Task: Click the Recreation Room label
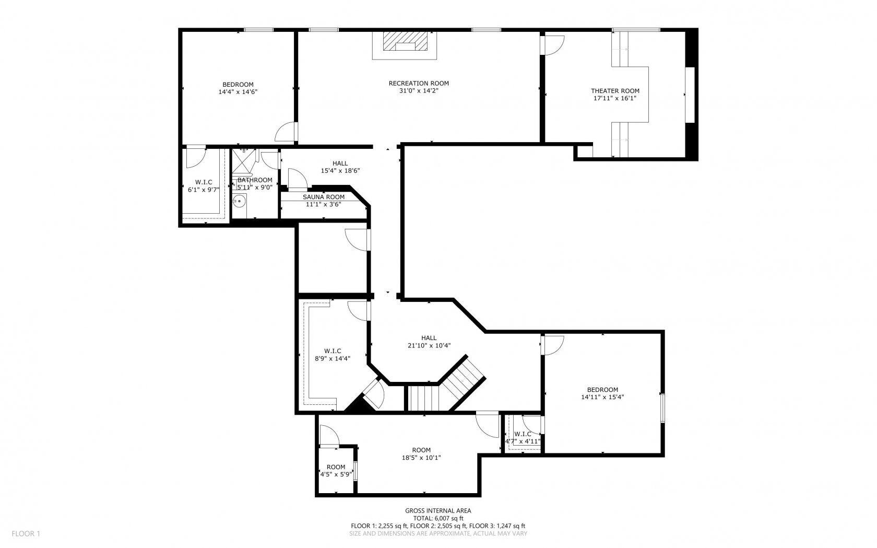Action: [x=418, y=84]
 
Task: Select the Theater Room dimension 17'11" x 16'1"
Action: [x=614, y=98]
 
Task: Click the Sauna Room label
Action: [x=324, y=197]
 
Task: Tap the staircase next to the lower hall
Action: [x=446, y=389]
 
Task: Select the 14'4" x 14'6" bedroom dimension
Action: [x=238, y=91]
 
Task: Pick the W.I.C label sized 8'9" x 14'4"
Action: [x=333, y=351]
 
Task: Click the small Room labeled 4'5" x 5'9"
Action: [x=336, y=467]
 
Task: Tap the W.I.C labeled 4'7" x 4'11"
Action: [x=522, y=434]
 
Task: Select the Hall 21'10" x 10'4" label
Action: [x=429, y=338]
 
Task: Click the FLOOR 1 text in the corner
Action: [x=26, y=533]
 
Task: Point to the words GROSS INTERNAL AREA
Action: [x=438, y=511]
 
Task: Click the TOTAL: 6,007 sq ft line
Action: [x=438, y=518]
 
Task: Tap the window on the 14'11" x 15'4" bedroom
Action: [x=662, y=407]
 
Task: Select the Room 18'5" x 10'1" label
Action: [x=421, y=450]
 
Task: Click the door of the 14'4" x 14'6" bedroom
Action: [x=287, y=133]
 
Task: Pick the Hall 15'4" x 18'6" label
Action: [x=340, y=164]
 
